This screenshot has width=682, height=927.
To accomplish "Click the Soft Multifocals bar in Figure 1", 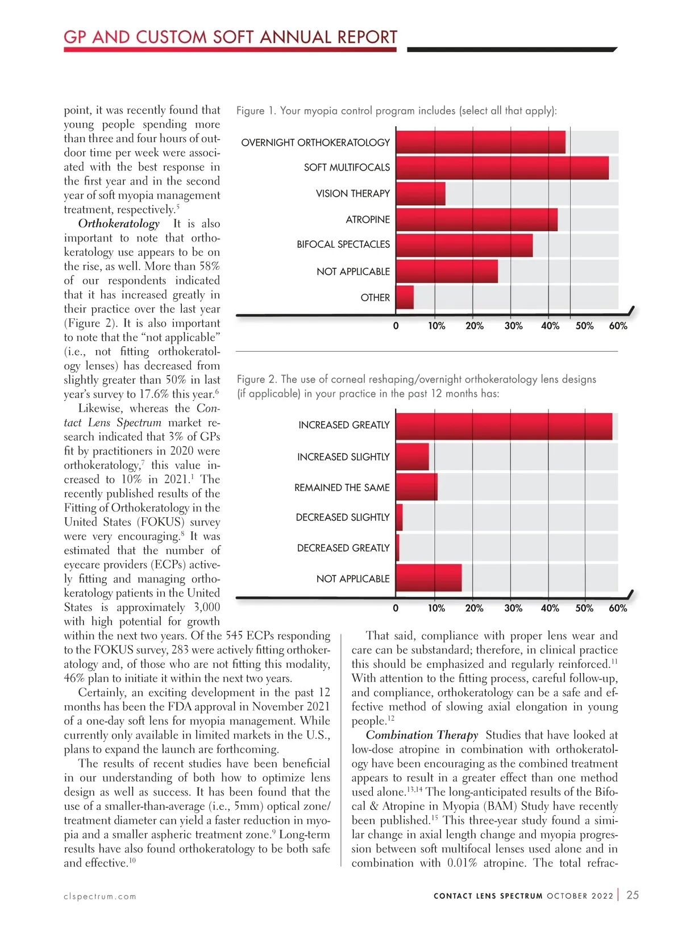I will (x=502, y=168).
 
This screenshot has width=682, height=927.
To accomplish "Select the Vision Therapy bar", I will (x=421, y=194).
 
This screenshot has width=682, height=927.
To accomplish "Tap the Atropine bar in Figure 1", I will (x=476, y=219).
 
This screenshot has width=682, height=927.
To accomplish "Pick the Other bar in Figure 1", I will (x=405, y=297).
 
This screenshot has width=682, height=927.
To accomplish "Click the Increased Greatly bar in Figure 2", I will (x=504, y=426).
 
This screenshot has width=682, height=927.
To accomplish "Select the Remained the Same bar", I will (x=417, y=487).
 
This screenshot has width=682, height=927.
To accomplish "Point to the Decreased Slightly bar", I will (x=399, y=517).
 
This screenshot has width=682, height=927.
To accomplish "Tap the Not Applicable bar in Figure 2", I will (x=429, y=578).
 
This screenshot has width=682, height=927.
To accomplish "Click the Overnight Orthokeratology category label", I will (x=315, y=142).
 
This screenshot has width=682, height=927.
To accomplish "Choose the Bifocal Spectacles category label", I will (x=343, y=244).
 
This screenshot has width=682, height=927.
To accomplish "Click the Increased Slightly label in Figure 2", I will (x=343, y=457).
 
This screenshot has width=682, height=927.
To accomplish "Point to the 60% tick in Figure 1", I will (x=618, y=326).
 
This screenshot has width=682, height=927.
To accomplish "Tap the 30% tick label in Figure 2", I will (x=513, y=608).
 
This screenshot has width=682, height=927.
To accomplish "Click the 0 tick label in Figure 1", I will (x=396, y=326).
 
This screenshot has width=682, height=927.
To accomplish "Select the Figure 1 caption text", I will (x=396, y=110).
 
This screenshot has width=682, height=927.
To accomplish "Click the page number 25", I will (x=633, y=895).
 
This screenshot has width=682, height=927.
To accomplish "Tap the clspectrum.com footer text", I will (x=100, y=896).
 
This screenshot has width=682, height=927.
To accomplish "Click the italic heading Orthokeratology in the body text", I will (x=119, y=223).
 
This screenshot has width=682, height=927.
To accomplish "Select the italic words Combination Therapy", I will (x=422, y=735).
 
